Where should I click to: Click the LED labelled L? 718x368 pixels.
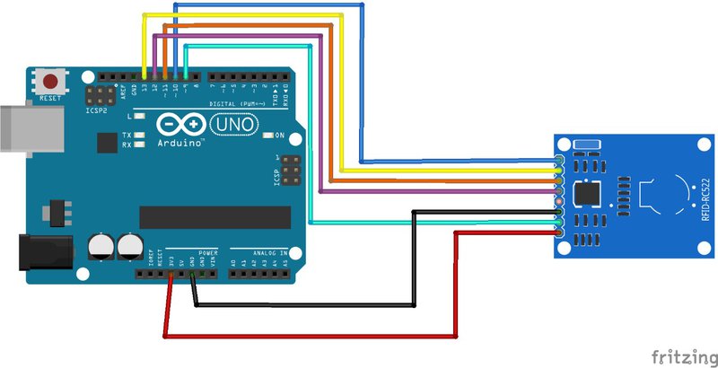pos(137,117)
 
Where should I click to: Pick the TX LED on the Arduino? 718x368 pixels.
pos(137,135)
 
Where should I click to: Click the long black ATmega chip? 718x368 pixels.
pos(215,217)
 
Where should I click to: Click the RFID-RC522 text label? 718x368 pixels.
pos(705,199)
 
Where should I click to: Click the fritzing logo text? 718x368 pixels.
pos(683,355)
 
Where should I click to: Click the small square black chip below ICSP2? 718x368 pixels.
pos(106,143)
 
